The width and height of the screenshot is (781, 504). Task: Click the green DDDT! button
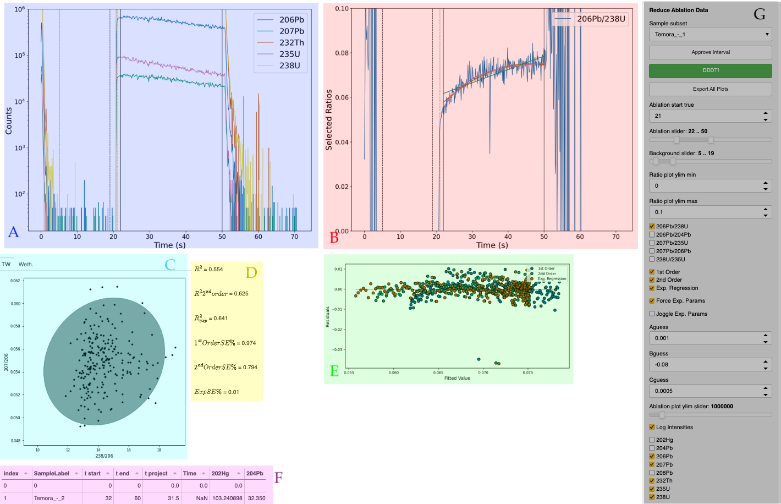710,70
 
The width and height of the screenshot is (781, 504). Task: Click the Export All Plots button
710,89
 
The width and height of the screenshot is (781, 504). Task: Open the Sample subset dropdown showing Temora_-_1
710,34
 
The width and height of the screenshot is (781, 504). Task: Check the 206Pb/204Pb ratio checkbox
652,234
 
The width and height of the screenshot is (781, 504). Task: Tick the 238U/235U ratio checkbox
652,259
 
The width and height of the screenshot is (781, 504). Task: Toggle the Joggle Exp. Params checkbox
652,314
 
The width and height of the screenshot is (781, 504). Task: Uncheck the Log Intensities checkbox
652,427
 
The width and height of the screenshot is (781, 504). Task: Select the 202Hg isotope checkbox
652,440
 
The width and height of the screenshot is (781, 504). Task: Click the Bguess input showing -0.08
704,364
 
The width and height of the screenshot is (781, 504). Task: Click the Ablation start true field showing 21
704,116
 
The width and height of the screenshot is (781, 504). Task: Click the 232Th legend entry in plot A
291,42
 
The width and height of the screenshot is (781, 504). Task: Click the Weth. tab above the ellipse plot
26,264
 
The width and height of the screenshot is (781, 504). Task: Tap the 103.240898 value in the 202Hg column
227,498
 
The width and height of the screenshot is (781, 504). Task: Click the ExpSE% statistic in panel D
216,392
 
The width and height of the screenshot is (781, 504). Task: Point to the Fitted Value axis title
457,378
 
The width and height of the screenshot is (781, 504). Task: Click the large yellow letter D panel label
251,272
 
